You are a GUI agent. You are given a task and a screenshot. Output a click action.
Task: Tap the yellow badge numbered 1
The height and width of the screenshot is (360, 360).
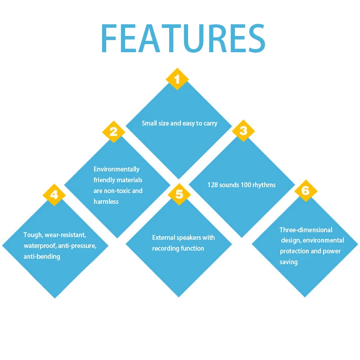(x=177, y=79)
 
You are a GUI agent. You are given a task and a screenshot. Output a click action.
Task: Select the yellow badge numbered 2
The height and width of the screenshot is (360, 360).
(x=114, y=132)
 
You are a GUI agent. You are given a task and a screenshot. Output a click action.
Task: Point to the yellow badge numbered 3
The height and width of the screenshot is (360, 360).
(x=243, y=131)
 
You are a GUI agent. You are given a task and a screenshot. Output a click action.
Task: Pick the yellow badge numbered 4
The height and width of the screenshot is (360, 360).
(x=54, y=194)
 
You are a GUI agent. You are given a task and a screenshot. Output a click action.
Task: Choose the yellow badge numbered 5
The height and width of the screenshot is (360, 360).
(x=179, y=194)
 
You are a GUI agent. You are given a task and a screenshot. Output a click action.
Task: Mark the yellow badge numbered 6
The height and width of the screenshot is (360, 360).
(x=306, y=191)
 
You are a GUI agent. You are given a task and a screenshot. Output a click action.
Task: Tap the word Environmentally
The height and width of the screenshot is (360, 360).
(x=117, y=169)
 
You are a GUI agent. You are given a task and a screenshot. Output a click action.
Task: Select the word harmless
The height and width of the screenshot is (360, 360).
(x=106, y=202)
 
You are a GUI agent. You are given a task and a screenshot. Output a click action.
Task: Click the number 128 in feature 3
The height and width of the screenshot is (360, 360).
(x=213, y=185)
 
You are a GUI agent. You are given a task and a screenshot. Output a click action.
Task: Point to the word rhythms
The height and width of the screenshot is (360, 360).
(x=264, y=185)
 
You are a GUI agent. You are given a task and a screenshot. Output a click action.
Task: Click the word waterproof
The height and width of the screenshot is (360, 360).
(x=40, y=246)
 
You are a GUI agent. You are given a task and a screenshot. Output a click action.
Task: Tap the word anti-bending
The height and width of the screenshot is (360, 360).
(x=42, y=256)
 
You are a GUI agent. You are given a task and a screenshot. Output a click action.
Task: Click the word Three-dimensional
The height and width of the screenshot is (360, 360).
(x=306, y=230)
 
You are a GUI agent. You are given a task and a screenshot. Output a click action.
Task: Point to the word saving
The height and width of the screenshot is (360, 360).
(x=288, y=262)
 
